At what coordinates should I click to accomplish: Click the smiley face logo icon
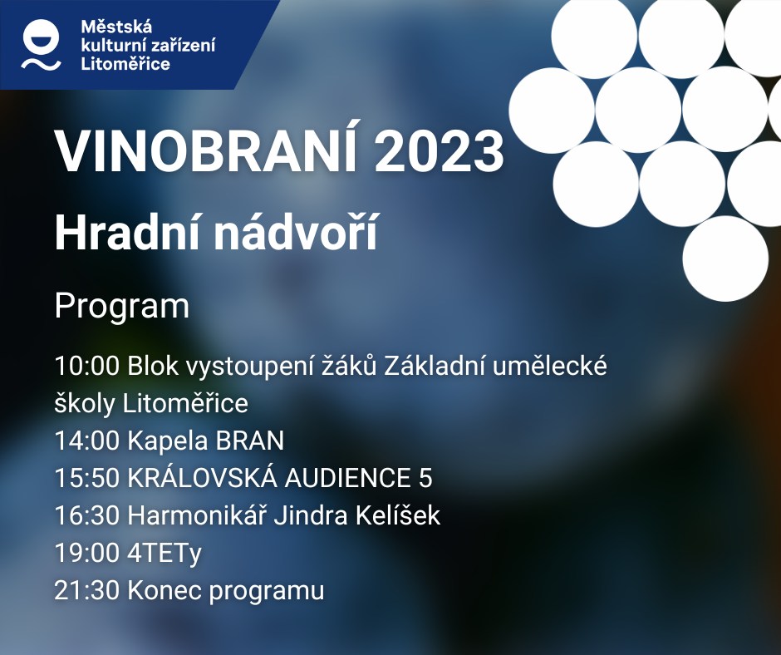click(x=41, y=44)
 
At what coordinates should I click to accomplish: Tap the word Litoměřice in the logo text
click(x=125, y=64)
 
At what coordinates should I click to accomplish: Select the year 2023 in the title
click(x=440, y=151)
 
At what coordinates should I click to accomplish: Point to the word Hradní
click(x=129, y=232)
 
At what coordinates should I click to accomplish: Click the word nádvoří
click(x=295, y=232)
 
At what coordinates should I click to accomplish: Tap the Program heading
click(x=122, y=307)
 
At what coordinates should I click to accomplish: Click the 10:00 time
click(x=87, y=366)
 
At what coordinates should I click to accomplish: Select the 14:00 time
click(x=87, y=441)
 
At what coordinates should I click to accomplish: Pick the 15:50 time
click(x=87, y=478)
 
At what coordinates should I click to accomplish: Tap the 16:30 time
click(x=87, y=515)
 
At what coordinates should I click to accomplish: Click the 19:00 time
click(x=87, y=553)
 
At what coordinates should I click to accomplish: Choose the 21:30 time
click(x=87, y=590)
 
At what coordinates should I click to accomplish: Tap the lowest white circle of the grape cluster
click(x=725, y=259)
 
